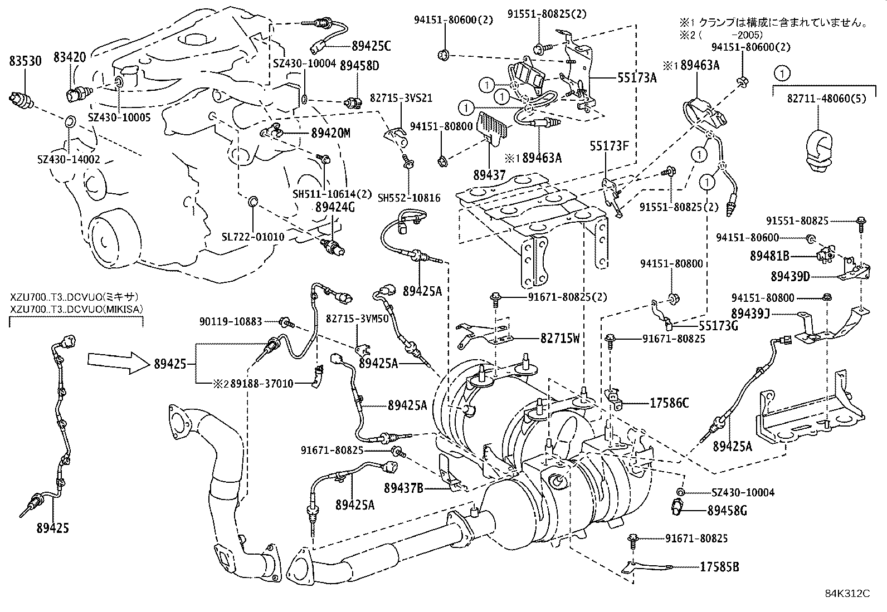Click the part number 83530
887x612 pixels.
coord(25,61)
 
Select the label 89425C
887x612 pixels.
coord(371,46)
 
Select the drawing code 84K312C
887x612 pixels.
coord(847,593)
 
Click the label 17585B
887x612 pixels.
coord(719,567)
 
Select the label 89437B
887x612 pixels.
coord(403,488)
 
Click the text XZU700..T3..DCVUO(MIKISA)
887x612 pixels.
coord(76,308)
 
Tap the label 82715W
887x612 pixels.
coord(559,337)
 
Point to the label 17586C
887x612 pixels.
coord(669,402)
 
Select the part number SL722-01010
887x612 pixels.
coord(252,237)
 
